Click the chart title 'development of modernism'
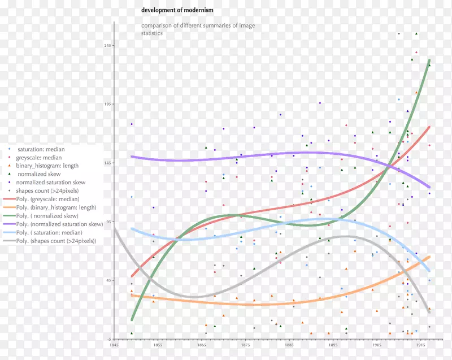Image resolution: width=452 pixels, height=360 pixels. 177,10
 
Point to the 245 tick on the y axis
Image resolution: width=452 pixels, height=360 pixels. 107,45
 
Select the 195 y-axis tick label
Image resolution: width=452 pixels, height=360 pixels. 107,104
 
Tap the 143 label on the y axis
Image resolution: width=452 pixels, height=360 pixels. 107,163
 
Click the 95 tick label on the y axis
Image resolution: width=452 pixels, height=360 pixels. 108,222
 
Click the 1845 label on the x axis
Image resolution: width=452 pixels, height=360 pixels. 114,344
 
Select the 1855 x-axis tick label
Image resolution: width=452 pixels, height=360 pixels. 158,344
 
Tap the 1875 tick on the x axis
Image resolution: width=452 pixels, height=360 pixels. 245,344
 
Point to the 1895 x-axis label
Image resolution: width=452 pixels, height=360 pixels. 333,344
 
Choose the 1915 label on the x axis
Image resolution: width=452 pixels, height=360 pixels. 420,344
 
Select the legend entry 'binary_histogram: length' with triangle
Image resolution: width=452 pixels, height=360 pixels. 47,166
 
